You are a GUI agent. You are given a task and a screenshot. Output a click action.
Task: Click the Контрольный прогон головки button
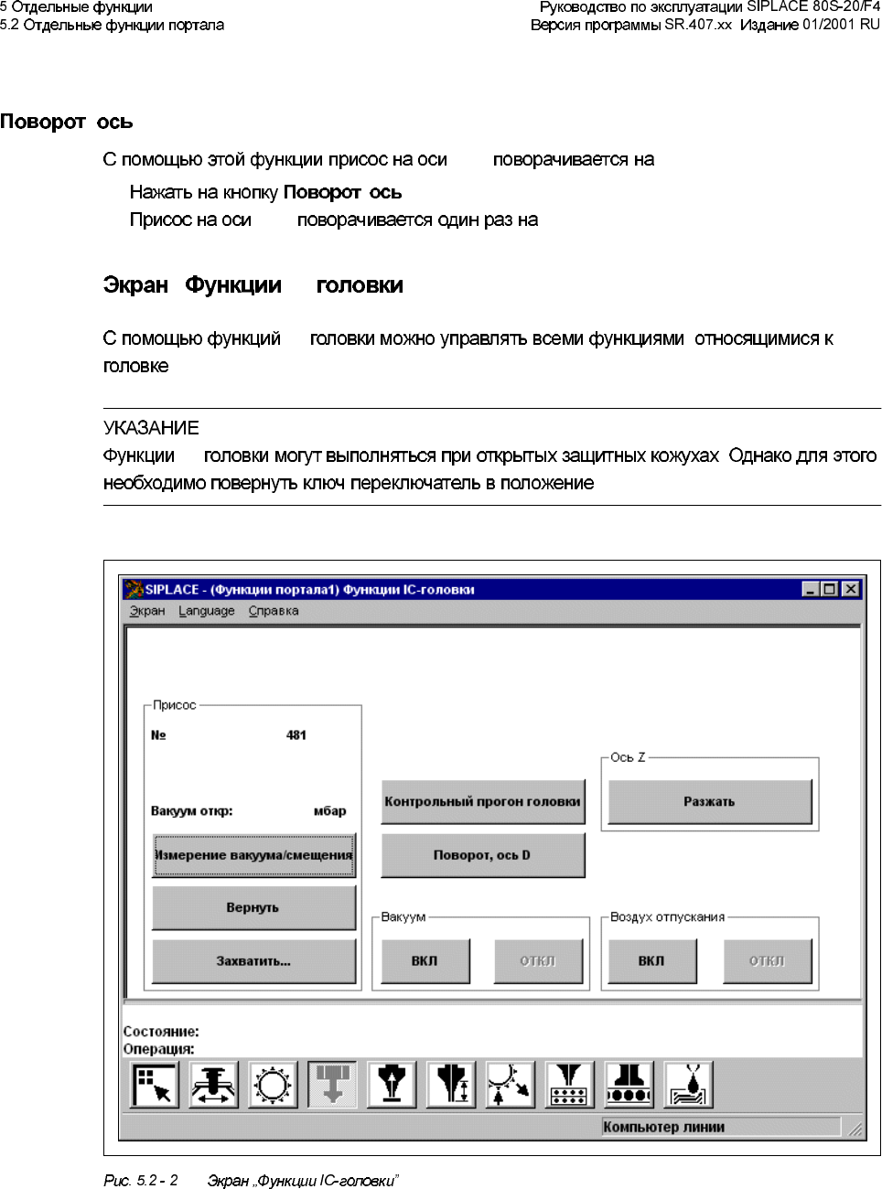pos(482,802)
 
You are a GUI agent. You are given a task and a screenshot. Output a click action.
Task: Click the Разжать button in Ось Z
pos(709,802)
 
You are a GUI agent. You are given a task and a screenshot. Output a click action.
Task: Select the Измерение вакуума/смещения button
pos(253,855)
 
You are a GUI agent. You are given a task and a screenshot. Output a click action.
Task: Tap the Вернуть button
pos(253,907)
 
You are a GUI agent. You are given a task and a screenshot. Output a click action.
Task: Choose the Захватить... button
pos(253,961)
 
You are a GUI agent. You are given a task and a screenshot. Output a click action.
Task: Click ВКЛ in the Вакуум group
pos(425,961)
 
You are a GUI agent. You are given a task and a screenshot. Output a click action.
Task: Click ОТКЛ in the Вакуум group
pos(538,961)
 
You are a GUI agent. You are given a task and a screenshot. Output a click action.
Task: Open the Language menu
pos(206,611)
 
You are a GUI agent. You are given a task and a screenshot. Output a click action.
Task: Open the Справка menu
pos(274,611)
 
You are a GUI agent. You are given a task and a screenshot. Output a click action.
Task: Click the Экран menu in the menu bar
pos(147,611)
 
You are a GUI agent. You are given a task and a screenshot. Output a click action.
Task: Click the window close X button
pos(851,589)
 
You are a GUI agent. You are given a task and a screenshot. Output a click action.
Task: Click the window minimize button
pos(810,589)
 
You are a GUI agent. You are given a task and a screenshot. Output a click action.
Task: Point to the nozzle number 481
pos(296,735)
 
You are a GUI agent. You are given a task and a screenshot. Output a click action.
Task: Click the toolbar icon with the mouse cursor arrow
pos(154,1085)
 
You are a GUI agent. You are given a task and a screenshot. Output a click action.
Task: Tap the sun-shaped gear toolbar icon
pos(273,1085)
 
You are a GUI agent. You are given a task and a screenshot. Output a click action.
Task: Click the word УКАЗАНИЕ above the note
pos(151,428)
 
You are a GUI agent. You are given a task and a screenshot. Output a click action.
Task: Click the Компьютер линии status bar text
pos(664,1127)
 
